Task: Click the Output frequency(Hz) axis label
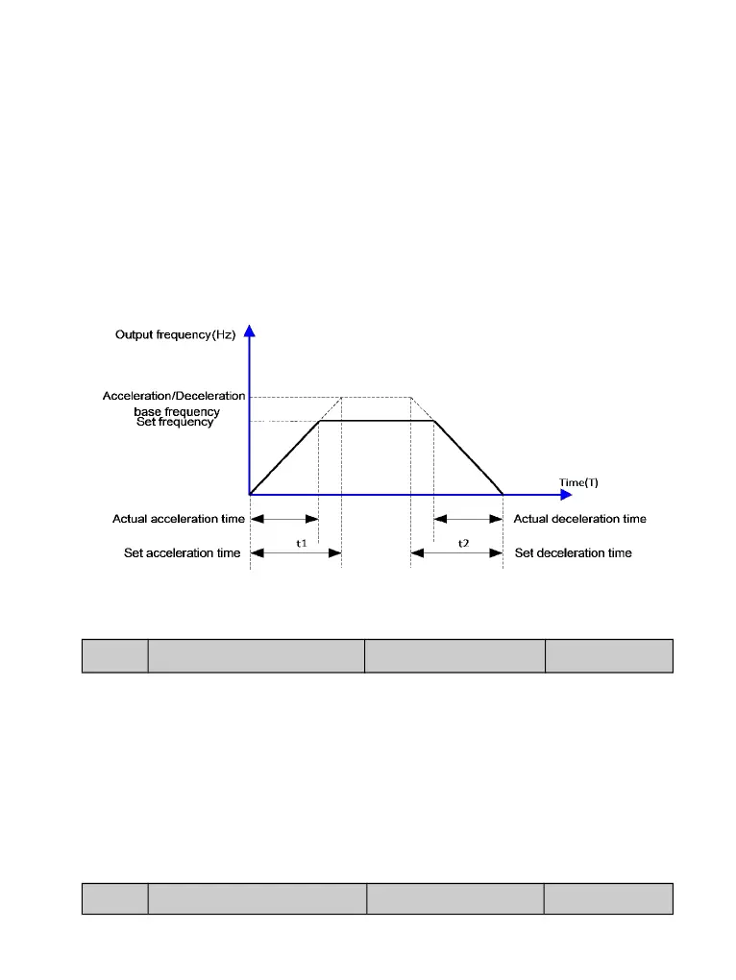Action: coord(175,335)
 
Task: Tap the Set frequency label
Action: coord(175,422)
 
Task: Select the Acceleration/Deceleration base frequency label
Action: coord(175,404)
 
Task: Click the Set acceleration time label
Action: coord(183,553)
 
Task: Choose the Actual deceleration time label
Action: coord(580,519)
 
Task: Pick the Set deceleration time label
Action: coord(574,553)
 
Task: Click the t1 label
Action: coord(301,543)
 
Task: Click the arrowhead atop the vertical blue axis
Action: coord(250,331)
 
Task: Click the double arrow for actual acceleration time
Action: coord(284,519)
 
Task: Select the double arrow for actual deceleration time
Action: coord(468,519)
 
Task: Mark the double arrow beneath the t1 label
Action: coord(296,553)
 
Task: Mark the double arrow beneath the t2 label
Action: coord(456,553)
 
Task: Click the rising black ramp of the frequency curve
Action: coord(284,457)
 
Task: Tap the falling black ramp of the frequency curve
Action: coord(469,457)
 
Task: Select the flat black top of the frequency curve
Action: coord(377,421)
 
